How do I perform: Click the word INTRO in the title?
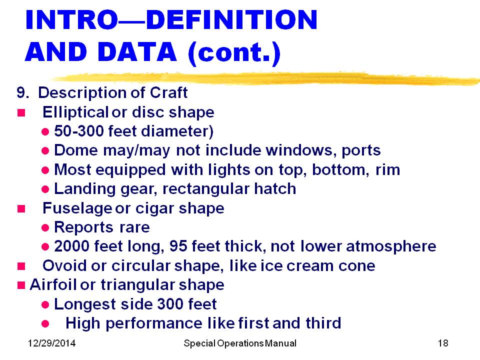(71, 19)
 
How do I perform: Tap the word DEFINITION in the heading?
(231, 19)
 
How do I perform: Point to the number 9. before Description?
(23, 93)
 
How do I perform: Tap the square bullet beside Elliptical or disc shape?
(21, 113)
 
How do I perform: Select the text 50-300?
(78, 131)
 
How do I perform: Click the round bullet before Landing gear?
(45, 189)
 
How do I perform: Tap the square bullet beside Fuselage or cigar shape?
(21, 209)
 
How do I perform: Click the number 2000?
(71, 246)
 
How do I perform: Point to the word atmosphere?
(391, 246)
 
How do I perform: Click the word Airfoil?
(53, 284)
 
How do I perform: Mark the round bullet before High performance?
(45, 324)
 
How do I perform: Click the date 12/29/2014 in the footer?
(51, 343)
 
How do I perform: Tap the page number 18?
(443, 343)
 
